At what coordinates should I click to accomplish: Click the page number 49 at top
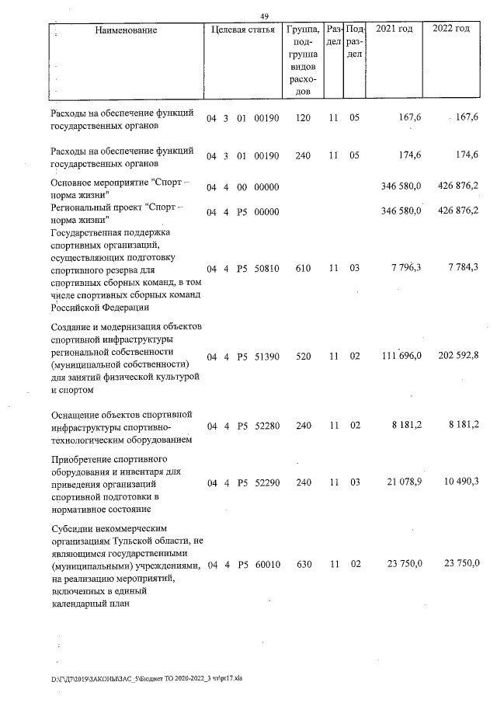pos(264,16)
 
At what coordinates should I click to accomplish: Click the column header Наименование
pos(127,30)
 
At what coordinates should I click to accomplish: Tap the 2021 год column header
pos(394,30)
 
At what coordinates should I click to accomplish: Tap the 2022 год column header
pos(450,30)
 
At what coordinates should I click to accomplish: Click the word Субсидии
pos(74,528)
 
